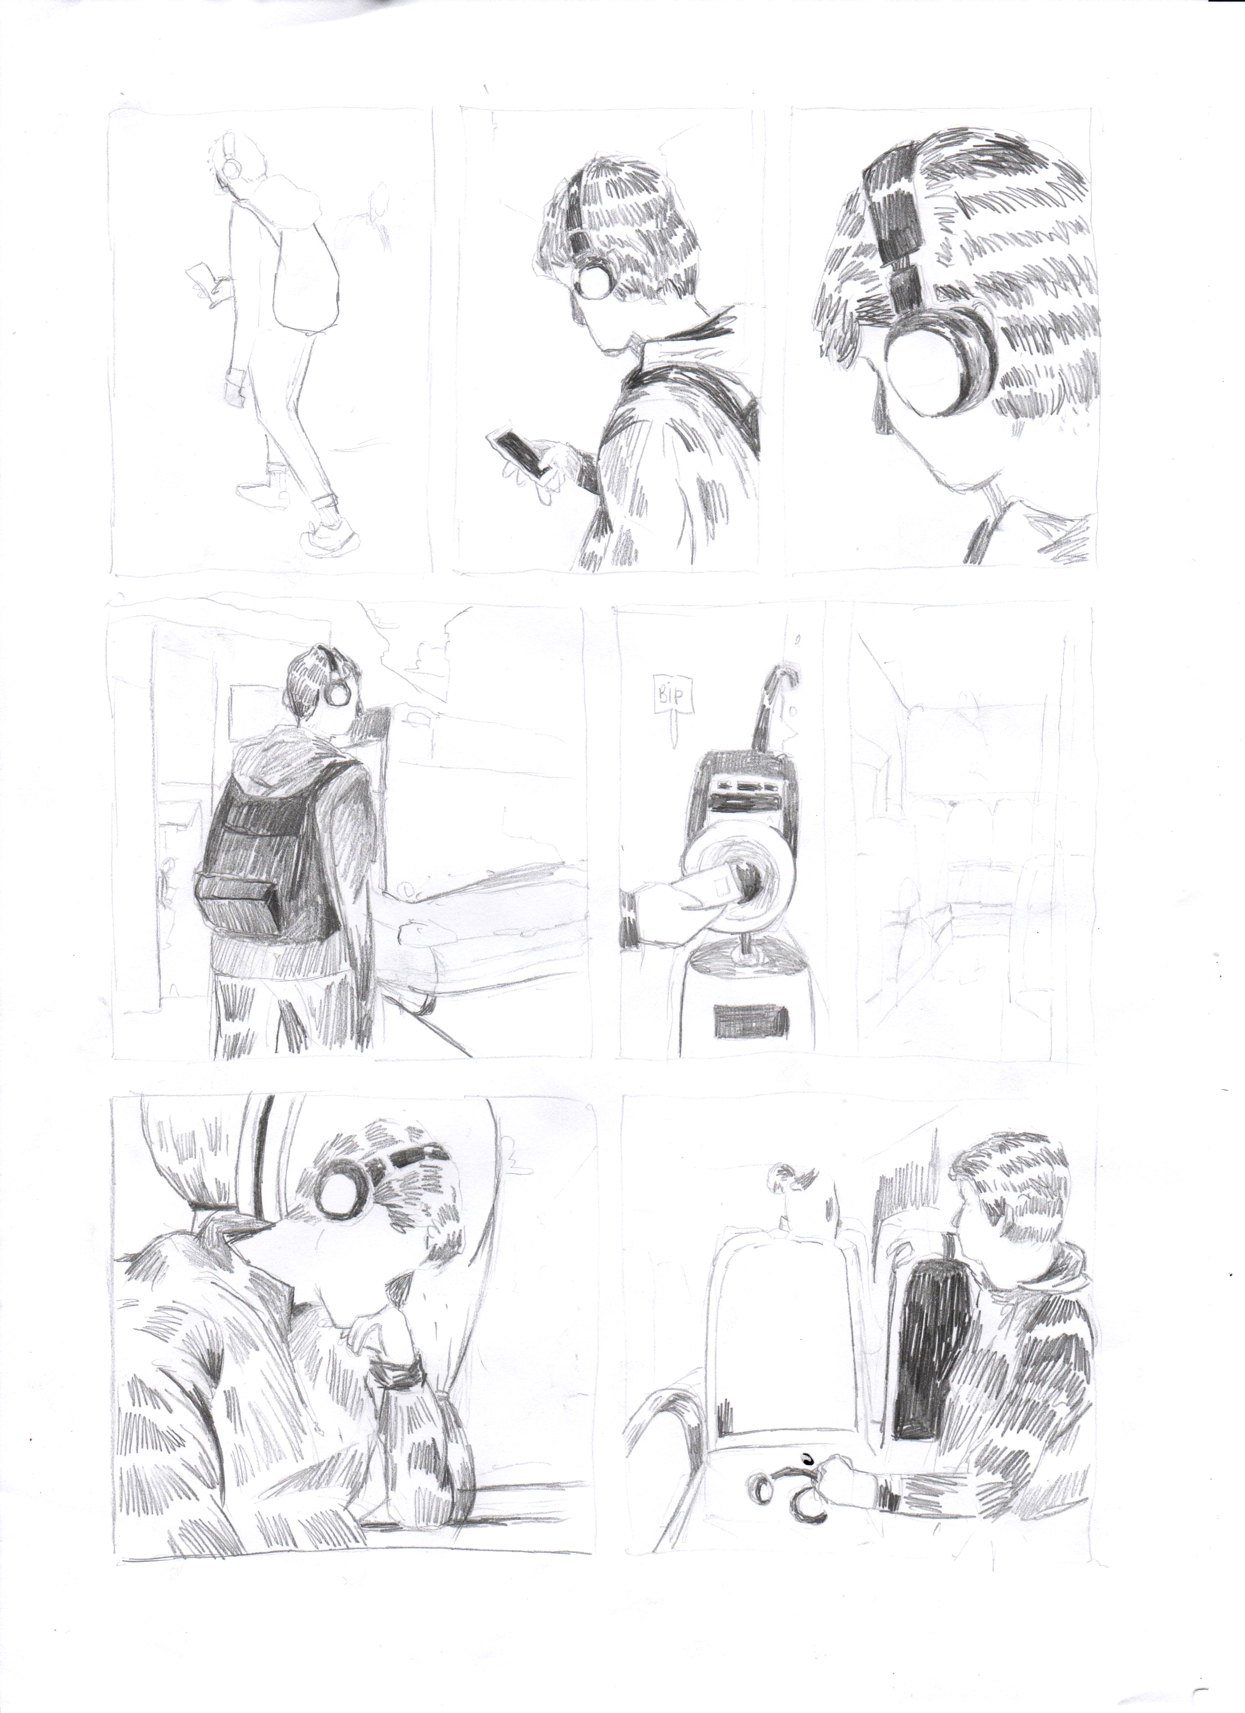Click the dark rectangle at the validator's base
pyautogui.click(x=750, y=1020)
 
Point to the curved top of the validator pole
pyautogui.click(x=782, y=672)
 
